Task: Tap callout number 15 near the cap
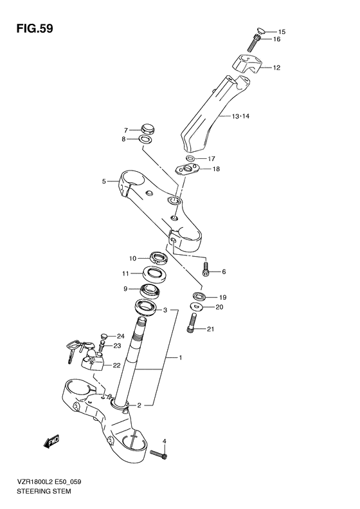(281, 32)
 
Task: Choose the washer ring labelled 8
(147, 139)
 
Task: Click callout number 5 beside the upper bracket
(104, 181)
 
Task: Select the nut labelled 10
(158, 259)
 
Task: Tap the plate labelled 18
(190, 169)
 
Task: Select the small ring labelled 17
(191, 158)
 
